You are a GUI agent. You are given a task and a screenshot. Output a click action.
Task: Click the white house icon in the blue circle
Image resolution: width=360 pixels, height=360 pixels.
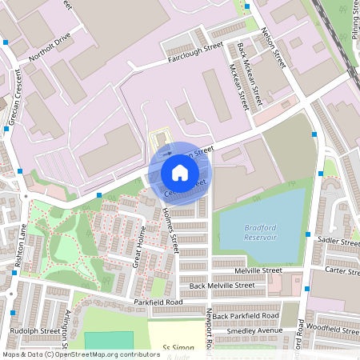180,172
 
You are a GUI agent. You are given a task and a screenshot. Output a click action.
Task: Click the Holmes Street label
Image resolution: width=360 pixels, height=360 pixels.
169,232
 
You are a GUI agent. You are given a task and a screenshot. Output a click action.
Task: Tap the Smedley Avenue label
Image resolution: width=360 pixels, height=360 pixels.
254,330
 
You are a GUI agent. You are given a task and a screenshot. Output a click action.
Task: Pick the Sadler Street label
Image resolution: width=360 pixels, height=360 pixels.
339,241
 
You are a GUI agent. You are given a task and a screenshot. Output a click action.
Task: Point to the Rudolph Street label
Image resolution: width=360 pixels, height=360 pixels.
35,330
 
